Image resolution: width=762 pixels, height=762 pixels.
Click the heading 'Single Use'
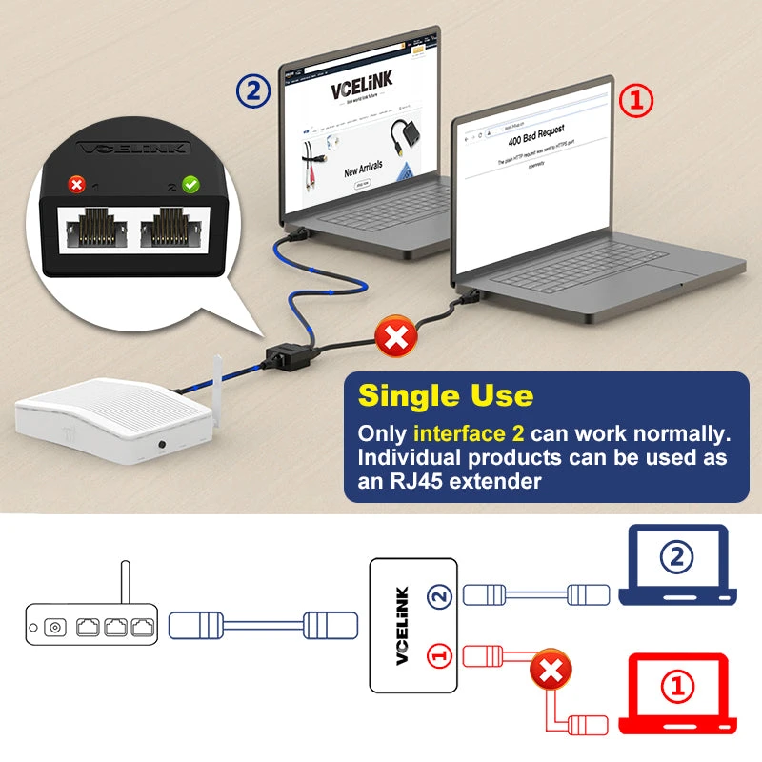(x=445, y=395)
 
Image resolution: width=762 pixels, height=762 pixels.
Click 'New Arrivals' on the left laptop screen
(x=363, y=168)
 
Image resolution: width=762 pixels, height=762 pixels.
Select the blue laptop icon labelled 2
(x=676, y=565)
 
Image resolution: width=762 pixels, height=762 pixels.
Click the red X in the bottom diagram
(x=549, y=672)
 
